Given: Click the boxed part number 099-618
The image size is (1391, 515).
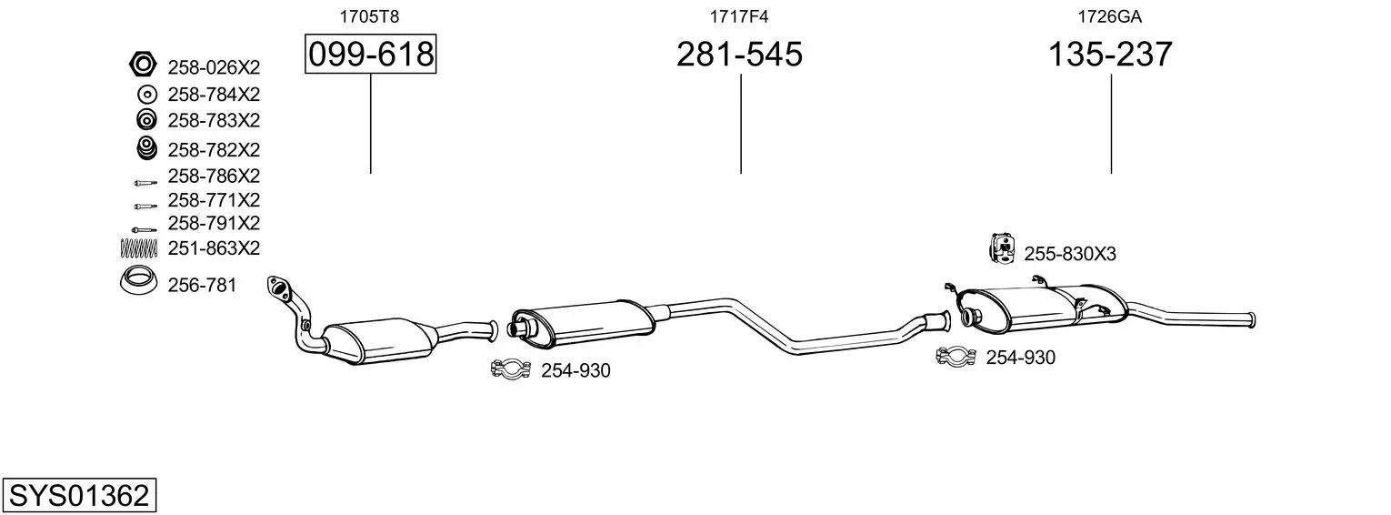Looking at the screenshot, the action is pyautogui.click(x=371, y=54).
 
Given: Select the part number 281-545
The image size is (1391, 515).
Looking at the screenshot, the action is pyautogui.click(x=739, y=54).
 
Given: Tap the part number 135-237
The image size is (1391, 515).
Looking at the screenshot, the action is pyautogui.click(x=1110, y=54).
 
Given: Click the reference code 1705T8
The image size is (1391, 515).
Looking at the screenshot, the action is pyautogui.click(x=369, y=16).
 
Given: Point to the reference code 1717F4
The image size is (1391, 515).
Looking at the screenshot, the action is pyautogui.click(x=739, y=16).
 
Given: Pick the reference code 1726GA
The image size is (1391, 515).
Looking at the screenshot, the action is pyautogui.click(x=1109, y=16).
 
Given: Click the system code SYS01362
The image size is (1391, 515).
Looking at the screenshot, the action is pyautogui.click(x=79, y=496).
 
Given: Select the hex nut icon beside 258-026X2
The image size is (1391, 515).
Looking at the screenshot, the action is pyautogui.click(x=143, y=64).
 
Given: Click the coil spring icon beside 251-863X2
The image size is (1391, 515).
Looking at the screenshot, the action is pyautogui.click(x=138, y=247).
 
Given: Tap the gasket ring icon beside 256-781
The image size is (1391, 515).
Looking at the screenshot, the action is pyautogui.click(x=138, y=281).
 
